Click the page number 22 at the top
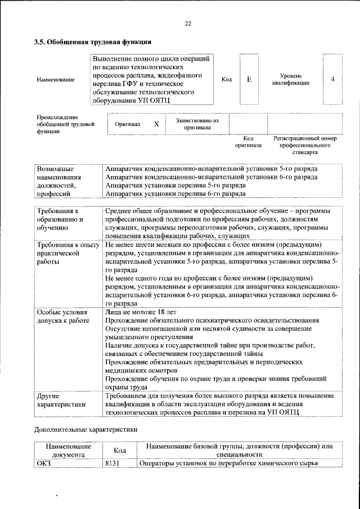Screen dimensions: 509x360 tap(188, 23)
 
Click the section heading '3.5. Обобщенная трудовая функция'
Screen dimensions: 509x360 tap(92, 42)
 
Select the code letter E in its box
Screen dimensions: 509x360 tap(249, 79)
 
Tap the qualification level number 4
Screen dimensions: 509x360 tap(332, 79)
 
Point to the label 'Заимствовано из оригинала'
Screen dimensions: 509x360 tap(197, 124)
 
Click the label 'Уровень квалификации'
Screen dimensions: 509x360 tap(290, 79)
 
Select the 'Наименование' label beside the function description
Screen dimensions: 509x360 tap(56, 80)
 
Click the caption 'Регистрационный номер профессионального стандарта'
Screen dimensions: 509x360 tap(304, 145)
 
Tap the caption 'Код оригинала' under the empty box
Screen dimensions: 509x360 tap(248, 142)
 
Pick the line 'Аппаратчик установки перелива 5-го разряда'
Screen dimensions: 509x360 tap(175, 185)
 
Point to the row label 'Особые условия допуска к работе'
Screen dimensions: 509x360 tap(62, 316)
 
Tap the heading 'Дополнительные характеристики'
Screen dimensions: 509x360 tap(85, 429)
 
